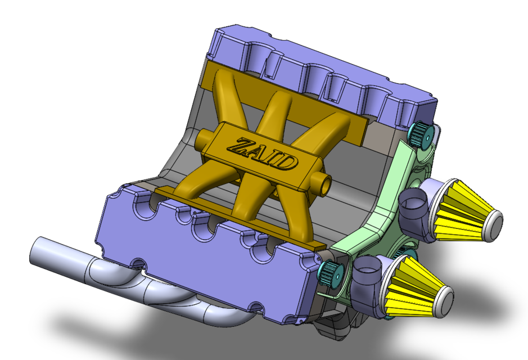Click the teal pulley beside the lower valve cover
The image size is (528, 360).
[331, 274]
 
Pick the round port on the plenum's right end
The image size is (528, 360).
[322, 183]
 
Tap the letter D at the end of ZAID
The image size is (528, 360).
[287, 163]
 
